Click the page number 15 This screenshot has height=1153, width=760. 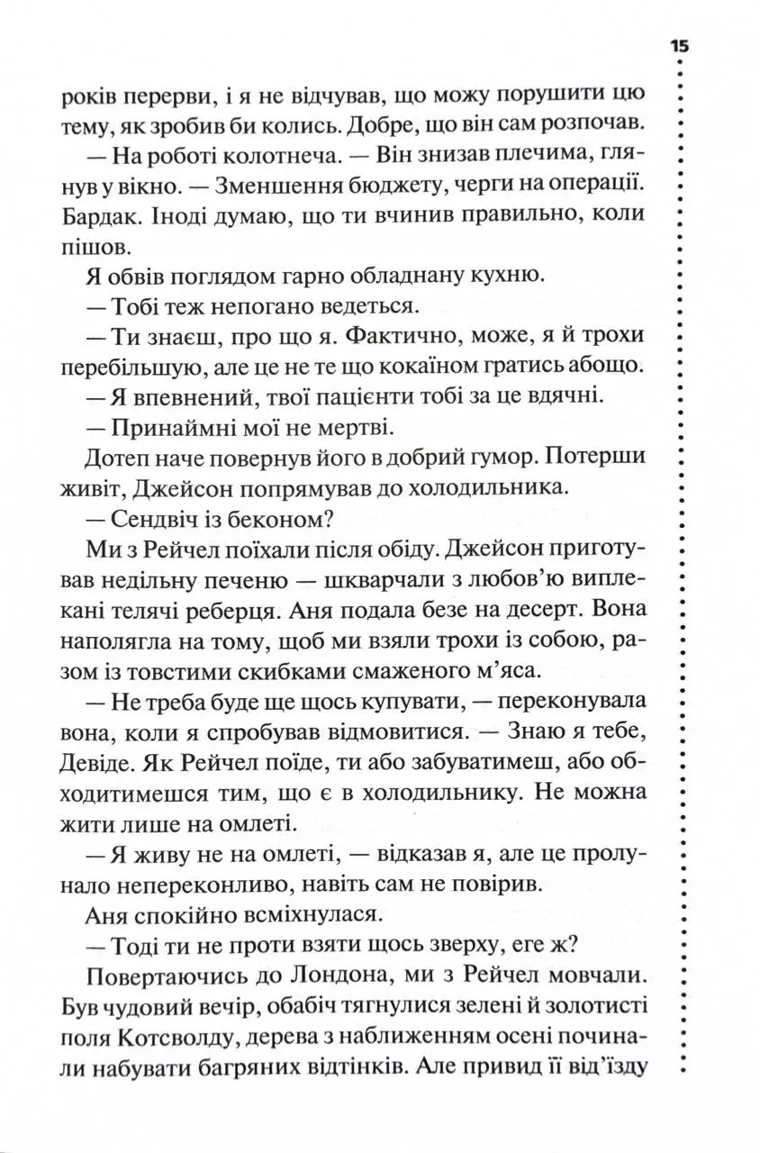pyautogui.click(x=677, y=47)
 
